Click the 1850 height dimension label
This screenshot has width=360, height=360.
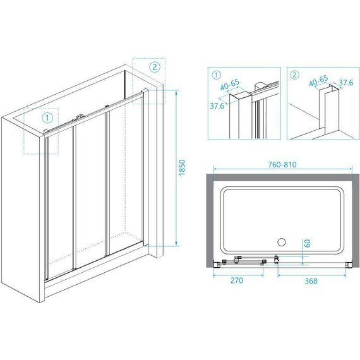[x=182, y=167]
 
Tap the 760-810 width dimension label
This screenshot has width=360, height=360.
[x=282, y=164]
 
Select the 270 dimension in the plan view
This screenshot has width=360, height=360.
[x=237, y=280]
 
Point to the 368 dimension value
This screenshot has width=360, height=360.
[x=311, y=281]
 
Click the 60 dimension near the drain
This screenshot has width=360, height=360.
[x=308, y=243]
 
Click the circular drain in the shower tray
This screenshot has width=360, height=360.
[x=281, y=242]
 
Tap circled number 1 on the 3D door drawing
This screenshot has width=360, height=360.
[x=47, y=118]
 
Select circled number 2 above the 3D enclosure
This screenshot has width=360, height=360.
[x=155, y=67]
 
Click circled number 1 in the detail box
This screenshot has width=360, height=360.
[x=216, y=75]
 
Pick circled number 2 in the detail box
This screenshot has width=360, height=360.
[x=295, y=75]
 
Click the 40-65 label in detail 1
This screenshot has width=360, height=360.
[x=230, y=85]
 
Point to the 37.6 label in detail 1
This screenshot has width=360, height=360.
[x=217, y=106]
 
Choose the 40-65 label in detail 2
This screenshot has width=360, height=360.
[x=318, y=81]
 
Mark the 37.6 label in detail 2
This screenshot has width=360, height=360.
[x=346, y=83]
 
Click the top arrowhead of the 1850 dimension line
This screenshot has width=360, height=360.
[x=176, y=92]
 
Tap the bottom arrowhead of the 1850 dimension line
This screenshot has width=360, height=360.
[x=176, y=243]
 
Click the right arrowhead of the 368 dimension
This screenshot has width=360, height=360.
[x=344, y=275]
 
